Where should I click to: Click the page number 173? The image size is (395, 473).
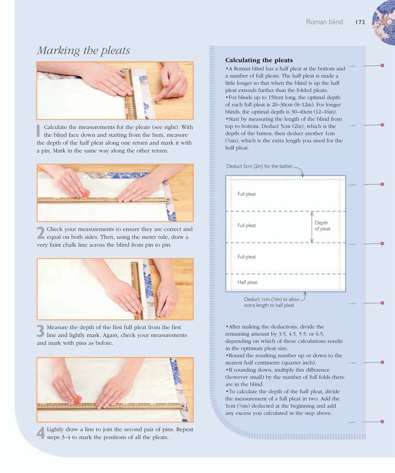click(360, 22)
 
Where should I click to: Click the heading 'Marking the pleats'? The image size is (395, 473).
click(83, 50)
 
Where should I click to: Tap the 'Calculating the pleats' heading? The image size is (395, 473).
click(259, 60)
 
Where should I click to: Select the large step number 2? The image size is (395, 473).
click(41, 233)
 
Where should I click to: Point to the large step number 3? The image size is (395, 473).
click(40, 331)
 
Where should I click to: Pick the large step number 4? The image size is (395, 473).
click(41, 433)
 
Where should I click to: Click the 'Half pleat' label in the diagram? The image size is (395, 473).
click(247, 282)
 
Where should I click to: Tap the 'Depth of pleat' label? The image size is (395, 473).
click(322, 226)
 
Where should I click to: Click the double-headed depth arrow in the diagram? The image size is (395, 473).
click(312, 227)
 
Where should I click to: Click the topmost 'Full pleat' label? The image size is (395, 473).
click(246, 194)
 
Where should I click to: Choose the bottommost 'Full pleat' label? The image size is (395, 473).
click(246, 257)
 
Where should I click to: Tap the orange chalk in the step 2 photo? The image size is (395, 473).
click(85, 193)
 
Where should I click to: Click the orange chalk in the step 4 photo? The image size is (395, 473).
click(77, 399)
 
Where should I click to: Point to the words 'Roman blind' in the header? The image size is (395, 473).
click(324, 22)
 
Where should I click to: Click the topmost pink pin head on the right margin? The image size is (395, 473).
click(382, 65)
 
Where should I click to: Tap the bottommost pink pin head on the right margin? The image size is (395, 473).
click(382, 422)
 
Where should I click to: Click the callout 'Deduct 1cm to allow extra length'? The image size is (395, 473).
click(272, 302)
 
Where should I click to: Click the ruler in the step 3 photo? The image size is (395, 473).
click(137, 290)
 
